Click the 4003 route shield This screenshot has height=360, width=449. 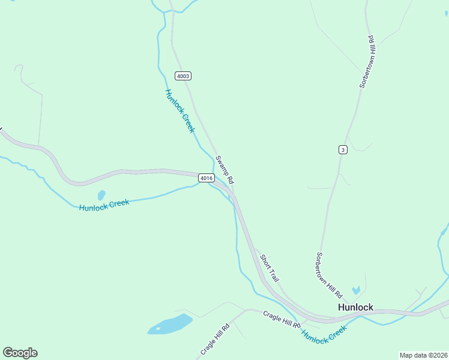point(183,76)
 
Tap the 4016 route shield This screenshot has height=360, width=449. point(206,178)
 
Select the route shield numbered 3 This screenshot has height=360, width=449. point(342,149)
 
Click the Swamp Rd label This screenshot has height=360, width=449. point(224,170)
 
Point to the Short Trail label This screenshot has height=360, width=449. point(270,268)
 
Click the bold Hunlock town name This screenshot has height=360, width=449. point(355,307)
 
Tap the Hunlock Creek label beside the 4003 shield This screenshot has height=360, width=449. point(180,111)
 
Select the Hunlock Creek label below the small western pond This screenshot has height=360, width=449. point(104,205)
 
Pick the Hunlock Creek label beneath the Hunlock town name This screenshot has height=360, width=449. point(324,334)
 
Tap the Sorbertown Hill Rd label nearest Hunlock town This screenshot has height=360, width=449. point(328,275)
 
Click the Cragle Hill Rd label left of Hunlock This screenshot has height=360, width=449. point(282,319)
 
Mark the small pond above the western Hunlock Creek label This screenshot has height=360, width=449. point(101,195)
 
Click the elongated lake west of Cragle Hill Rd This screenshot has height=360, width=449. point(170,324)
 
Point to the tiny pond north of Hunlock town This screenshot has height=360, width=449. point(356,291)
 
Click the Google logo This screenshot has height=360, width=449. point(20,353)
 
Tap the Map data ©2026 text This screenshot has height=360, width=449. point(423,355)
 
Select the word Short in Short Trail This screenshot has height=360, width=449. point(265,262)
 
